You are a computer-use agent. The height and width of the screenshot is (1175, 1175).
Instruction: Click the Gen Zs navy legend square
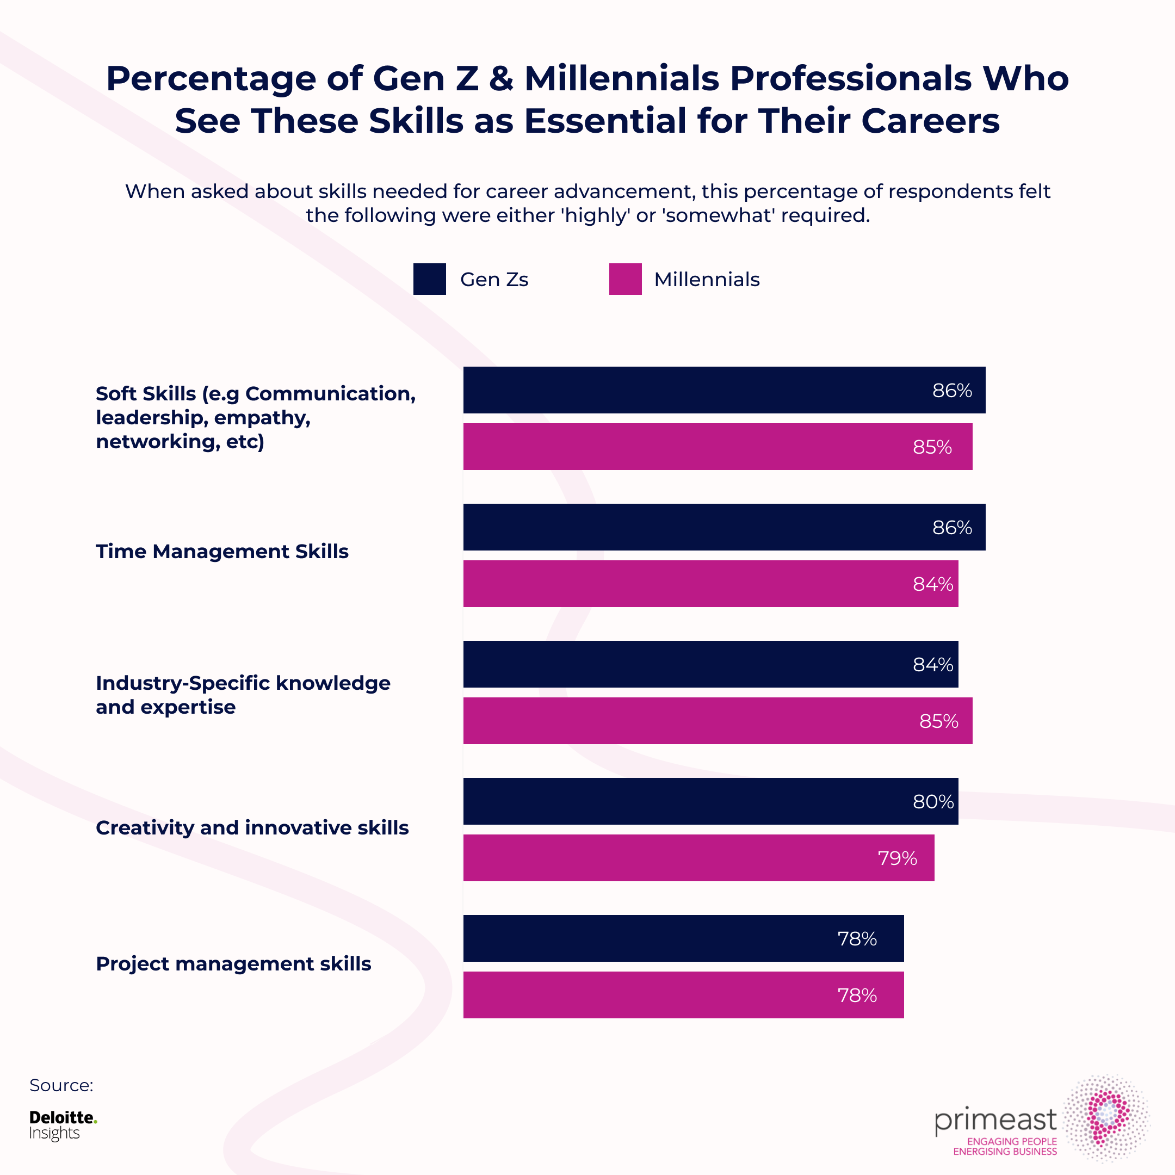point(429,279)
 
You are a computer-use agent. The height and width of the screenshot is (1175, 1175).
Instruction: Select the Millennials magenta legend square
point(625,279)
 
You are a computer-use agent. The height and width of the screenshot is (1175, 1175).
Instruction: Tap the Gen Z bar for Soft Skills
point(723,390)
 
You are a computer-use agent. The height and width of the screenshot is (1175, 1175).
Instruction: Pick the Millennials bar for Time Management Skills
point(710,583)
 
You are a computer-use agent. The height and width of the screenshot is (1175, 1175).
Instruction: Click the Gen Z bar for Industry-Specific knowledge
point(710,664)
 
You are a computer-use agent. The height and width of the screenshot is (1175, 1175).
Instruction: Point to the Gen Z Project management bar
point(683,938)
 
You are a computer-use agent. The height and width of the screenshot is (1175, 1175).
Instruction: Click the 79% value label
point(897,858)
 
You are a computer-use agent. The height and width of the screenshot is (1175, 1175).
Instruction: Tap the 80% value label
point(933,802)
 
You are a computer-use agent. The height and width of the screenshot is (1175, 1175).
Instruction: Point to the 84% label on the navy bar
point(933,665)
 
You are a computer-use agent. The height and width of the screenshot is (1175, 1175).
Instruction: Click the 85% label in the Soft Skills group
point(932,447)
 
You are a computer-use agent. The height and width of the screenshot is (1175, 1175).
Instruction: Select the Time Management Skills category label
point(222,551)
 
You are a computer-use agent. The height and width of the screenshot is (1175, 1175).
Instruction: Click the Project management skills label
point(233,964)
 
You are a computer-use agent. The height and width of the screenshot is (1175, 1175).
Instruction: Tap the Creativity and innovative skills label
point(252,828)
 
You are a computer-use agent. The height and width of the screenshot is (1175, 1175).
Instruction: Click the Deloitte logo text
point(63,1117)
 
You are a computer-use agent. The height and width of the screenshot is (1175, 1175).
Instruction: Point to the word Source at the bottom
point(61,1086)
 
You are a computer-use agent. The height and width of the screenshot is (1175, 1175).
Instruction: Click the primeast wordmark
point(995,1120)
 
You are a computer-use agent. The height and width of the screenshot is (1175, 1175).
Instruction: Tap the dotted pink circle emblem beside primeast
point(1107,1118)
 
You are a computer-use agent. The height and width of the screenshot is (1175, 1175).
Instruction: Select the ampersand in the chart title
point(501,79)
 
